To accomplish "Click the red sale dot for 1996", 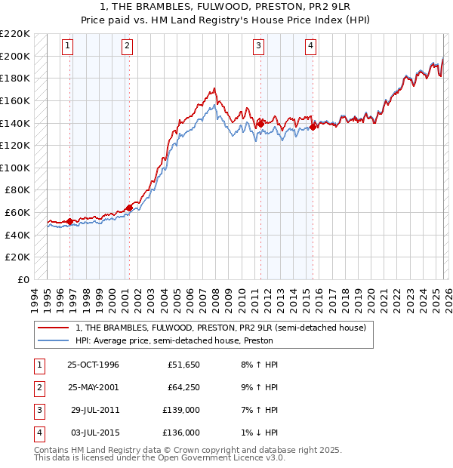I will [x=70, y=221].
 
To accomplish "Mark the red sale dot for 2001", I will [x=129, y=207].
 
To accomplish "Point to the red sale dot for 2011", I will [x=260, y=123].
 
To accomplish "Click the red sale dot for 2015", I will [x=313, y=127].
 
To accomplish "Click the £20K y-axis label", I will [x=18, y=257].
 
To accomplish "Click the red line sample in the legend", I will [x=54, y=328].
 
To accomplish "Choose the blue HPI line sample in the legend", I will [x=54, y=340].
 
